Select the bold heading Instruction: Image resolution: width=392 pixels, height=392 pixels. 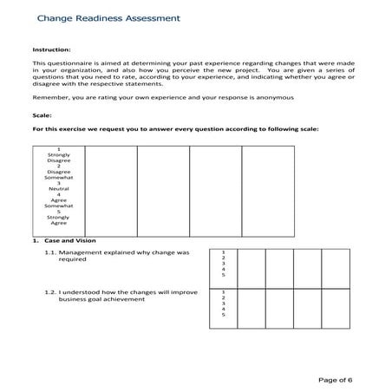point(49,50)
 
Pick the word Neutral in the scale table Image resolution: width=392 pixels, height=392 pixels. point(59,188)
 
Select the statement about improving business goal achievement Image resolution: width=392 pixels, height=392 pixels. point(124,296)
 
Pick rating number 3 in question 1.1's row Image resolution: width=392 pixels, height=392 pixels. point(223,263)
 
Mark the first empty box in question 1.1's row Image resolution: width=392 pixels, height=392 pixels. point(252,266)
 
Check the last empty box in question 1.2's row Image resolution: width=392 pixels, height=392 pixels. point(335,306)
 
